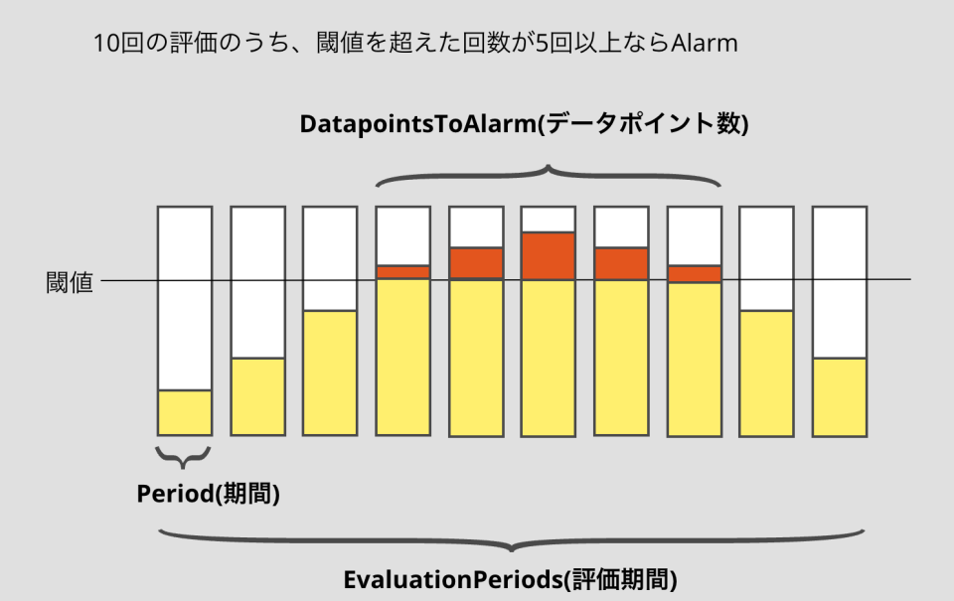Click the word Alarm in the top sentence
(705, 44)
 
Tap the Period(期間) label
(209, 494)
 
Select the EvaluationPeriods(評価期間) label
(511, 579)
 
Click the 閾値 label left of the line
(70, 283)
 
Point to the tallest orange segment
(548, 256)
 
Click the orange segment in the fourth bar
(402, 272)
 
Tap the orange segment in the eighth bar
(695, 274)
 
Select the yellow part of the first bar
(185, 412)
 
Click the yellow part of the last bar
(840, 395)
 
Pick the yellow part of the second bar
(257, 395)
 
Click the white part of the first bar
(185, 298)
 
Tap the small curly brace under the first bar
(184, 457)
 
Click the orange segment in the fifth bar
(475, 263)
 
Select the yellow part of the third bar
(330, 373)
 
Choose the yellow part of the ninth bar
(767, 373)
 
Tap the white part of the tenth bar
(840, 282)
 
